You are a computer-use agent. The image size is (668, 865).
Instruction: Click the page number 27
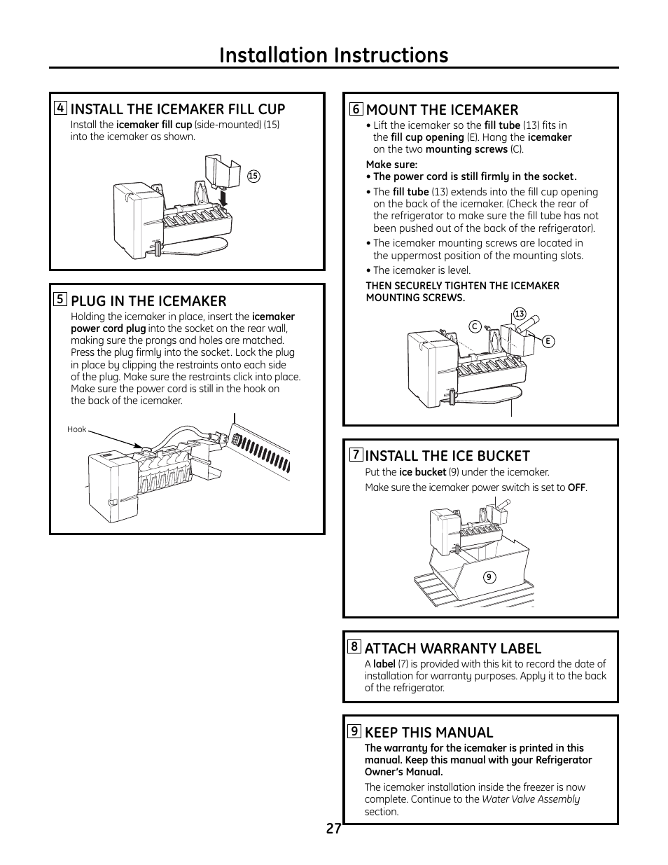(x=333, y=829)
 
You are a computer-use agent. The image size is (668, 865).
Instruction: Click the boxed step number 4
(x=62, y=108)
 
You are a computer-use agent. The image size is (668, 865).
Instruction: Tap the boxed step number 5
(x=61, y=300)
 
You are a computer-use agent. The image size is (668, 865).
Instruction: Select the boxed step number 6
(x=356, y=109)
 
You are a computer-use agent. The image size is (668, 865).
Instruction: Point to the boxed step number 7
(x=356, y=455)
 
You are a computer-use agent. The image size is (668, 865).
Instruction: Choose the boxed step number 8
(x=355, y=646)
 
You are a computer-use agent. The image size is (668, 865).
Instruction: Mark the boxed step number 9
(x=355, y=731)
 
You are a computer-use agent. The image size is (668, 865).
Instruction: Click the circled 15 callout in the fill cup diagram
(x=253, y=177)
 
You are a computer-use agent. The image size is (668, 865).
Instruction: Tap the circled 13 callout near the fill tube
(x=519, y=314)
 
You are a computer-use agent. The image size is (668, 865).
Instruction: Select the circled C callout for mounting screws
(x=474, y=326)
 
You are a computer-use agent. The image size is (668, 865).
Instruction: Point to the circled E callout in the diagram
(x=548, y=341)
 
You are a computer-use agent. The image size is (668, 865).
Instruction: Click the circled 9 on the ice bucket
(x=489, y=577)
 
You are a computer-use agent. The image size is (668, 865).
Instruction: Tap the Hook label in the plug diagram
(x=76, y=429)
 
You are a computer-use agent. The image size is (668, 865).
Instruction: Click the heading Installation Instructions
(x=333, y=55)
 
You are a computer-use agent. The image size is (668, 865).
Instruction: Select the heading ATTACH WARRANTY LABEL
(x=452, y=648)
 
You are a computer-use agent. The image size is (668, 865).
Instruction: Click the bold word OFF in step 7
(x=576, y=487)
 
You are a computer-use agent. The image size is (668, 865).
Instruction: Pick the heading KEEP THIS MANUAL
(x=429, y=732)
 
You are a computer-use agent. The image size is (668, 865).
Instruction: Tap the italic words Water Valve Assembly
(x=531, y=799)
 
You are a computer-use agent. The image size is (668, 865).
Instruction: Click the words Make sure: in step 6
(x=391, y=165)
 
